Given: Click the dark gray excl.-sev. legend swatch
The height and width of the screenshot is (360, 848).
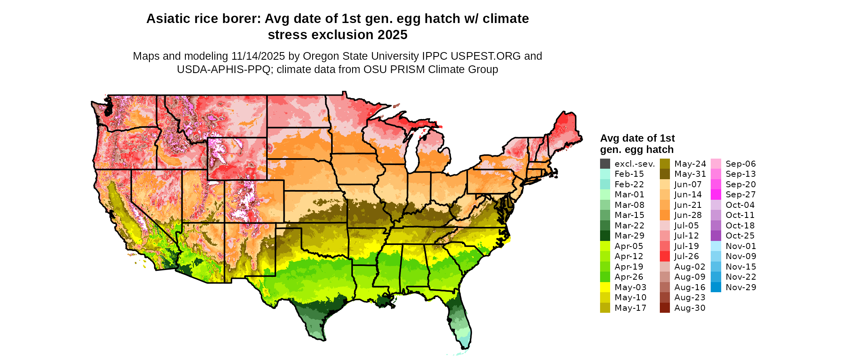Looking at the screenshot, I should click(x=605, y=164).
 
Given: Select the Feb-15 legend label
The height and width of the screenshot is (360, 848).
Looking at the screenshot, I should click(x=629, y=174).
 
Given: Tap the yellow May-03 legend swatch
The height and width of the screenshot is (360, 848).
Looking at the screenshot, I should click(x=605, y=287).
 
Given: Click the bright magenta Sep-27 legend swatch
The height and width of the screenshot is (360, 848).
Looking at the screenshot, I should click(x=716, y=195).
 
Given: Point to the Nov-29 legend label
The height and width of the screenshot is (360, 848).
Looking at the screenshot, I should click(x=741, y=287).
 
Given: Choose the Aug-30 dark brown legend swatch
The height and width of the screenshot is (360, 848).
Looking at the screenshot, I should click(x=665, y=308).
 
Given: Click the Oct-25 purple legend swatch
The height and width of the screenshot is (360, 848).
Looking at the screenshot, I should click(x=716, y=236).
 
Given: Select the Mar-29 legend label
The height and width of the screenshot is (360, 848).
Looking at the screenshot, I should click(x=629, y=236).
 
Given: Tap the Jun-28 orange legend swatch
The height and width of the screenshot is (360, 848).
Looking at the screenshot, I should click(x=665, y=215).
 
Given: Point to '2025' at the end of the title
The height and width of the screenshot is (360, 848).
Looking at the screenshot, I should click(x=392, y=35).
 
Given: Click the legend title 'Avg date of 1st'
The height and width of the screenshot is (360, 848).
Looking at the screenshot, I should click(x=637, y=138).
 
